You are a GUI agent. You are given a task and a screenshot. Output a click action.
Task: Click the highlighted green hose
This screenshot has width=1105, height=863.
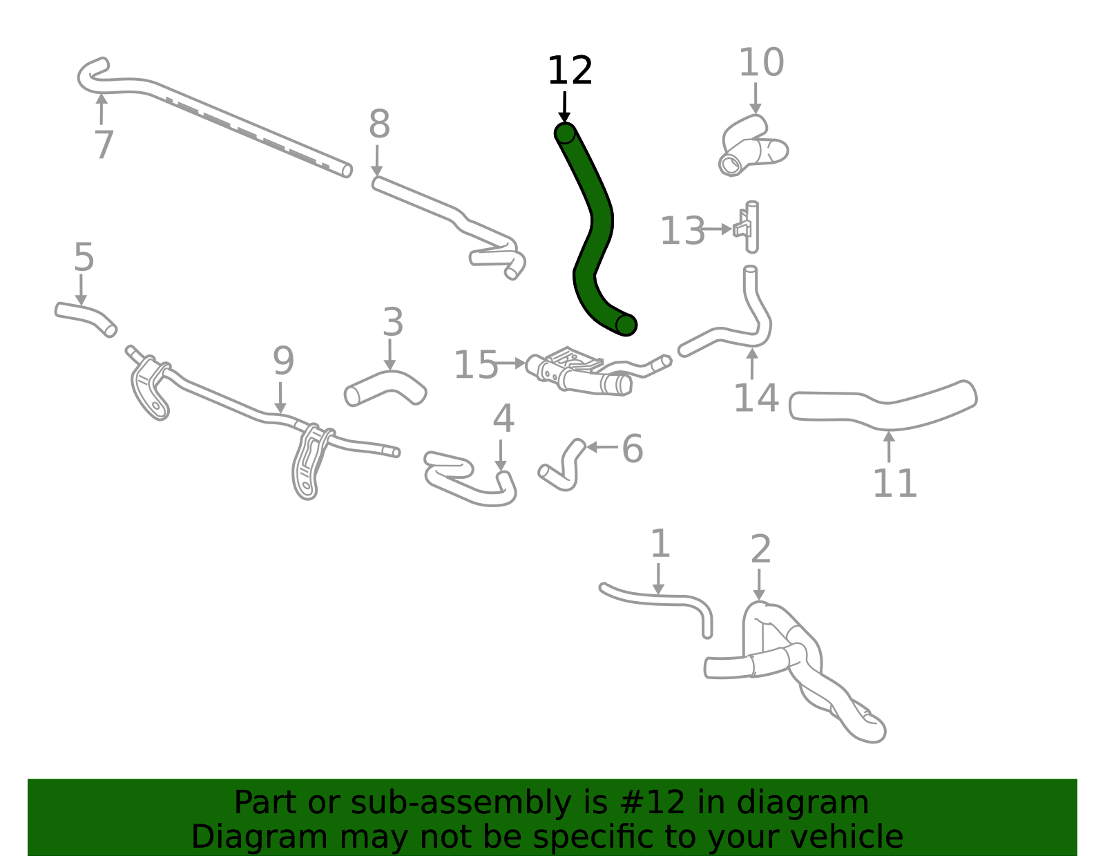593,228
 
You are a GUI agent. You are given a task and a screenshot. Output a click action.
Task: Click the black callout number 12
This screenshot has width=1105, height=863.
570,71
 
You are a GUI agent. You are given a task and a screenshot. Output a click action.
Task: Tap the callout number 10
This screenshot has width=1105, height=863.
761,63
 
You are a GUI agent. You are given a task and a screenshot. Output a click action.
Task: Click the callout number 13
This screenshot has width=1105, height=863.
682,231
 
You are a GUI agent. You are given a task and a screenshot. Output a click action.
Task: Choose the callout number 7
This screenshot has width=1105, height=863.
104,145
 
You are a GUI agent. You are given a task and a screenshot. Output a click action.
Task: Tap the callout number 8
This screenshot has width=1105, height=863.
379,125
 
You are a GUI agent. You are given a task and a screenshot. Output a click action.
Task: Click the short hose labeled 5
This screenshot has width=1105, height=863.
85,318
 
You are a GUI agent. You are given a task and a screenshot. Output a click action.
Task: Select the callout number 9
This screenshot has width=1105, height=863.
283,361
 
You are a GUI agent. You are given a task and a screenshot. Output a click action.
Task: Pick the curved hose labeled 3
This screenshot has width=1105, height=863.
385,387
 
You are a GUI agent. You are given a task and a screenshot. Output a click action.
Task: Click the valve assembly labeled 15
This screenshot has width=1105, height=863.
580,373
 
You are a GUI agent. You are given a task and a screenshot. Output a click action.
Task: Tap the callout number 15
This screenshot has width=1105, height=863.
475,365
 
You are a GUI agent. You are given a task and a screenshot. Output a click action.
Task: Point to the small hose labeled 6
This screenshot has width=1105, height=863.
563,466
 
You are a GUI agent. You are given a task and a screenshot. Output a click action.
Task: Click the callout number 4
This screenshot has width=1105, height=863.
503,419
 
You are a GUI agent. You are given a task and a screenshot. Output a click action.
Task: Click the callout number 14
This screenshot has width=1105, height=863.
756,398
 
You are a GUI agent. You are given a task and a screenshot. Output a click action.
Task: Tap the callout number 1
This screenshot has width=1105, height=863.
660,544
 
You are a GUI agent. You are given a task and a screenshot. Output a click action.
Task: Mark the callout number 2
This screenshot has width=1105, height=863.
760,549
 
